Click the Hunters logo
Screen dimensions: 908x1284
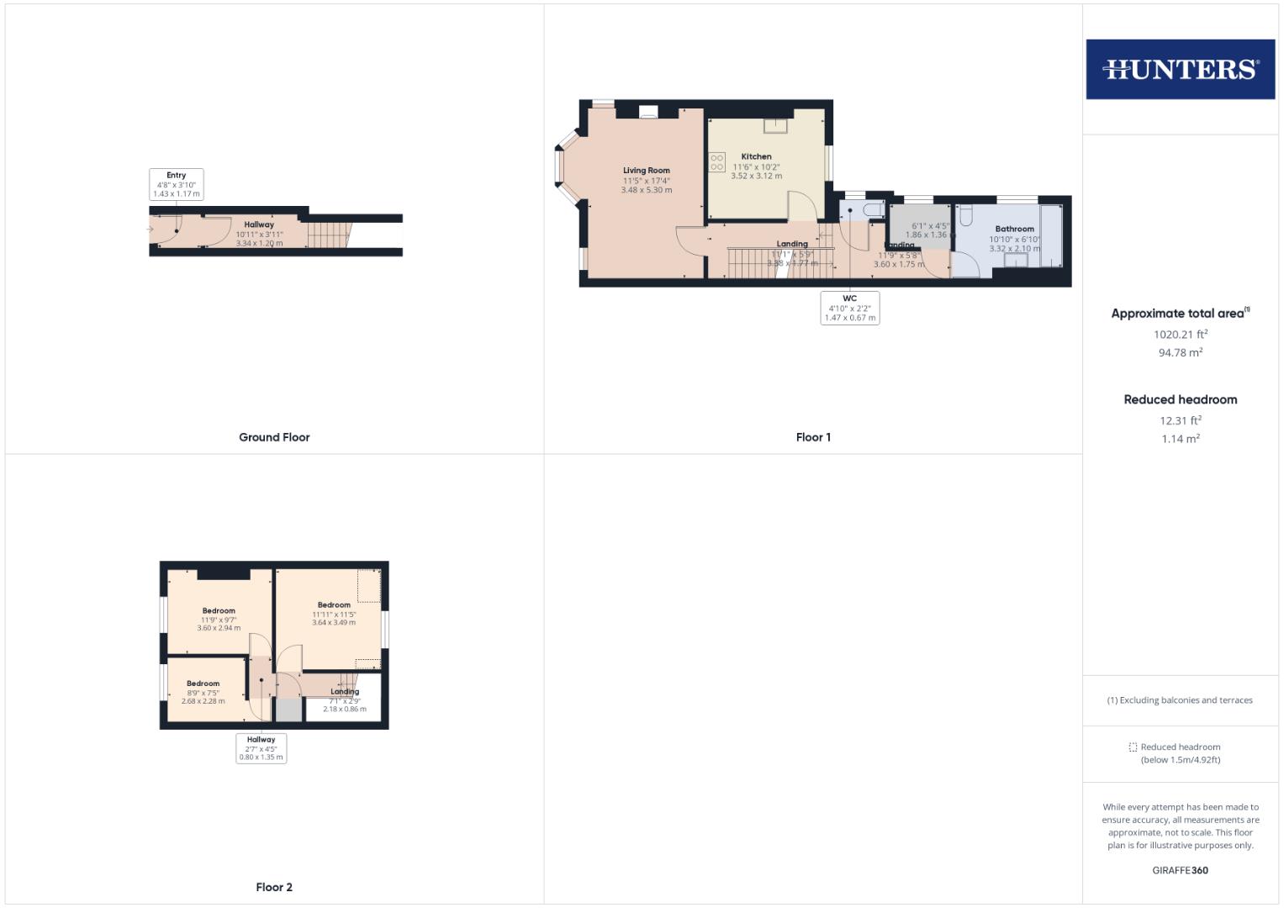(1180, 69)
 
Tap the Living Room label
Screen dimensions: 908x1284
(646, 171)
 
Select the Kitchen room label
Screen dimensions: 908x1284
(756, 156)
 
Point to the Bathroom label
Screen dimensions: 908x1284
(1014, 229)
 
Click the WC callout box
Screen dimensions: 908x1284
(849, 308)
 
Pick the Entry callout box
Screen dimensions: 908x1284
(176, 184)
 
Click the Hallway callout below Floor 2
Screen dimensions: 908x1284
(261, 748)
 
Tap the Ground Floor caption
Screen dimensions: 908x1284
(274, 437)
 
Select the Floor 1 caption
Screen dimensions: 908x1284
(813, 437)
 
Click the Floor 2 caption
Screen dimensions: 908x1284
(274, 887)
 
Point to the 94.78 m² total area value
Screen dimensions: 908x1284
(1180, 353)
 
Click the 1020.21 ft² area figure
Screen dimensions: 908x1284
(1180, 334)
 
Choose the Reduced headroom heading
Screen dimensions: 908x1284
(1180, 399)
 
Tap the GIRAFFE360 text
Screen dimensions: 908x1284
(1180, 870)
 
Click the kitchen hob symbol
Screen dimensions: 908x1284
(717, 162)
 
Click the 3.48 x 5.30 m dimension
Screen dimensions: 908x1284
(646, 190)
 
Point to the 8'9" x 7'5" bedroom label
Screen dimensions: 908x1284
(203, 693)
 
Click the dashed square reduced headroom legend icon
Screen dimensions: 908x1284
(1133, 747)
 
